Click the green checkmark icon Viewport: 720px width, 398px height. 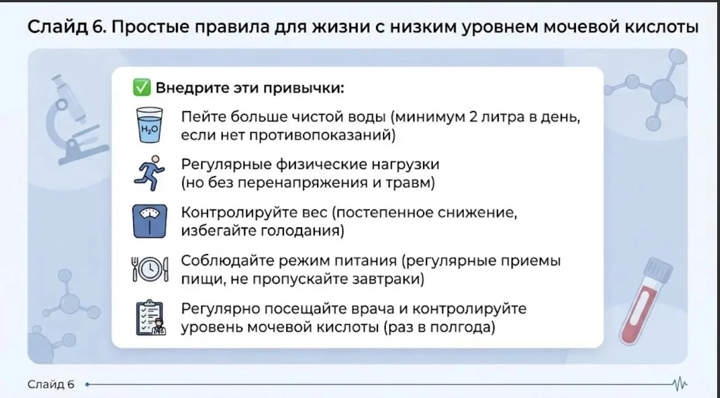(142, 88)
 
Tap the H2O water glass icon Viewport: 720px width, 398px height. (150, 125)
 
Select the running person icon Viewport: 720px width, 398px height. (150, 173)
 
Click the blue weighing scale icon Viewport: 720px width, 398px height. (150, 221)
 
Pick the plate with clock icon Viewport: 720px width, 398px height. (150, 269)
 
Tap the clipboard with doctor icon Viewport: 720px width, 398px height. (151, 318)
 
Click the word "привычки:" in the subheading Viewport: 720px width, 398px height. (304, 88)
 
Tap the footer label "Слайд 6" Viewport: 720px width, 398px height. (51, 384)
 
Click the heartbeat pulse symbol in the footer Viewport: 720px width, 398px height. (679, 384)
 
